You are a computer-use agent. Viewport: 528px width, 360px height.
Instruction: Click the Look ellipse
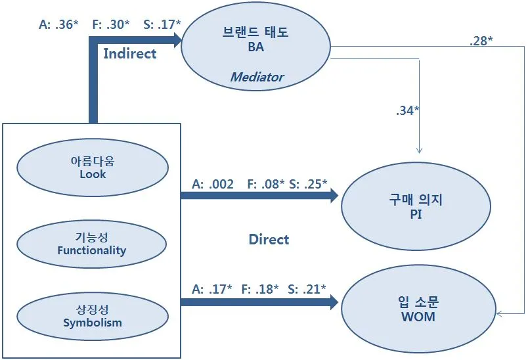coord(92,168)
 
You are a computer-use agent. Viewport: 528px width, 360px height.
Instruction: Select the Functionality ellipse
coord(92,244)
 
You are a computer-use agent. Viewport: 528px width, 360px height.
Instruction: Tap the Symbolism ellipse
coord(92,316)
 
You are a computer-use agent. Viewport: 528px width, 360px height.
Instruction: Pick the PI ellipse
coord(415,206)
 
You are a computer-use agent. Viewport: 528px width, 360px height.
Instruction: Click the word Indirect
coord(130,54)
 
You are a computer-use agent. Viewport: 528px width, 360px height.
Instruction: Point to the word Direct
coord(269,239)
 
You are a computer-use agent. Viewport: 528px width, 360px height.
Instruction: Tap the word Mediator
coord(257,77)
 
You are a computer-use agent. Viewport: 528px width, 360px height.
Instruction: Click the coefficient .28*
coord(481,41)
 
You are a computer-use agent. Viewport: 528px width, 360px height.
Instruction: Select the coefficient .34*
coord(408,110)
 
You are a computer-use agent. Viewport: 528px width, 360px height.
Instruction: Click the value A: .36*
coord(58,24)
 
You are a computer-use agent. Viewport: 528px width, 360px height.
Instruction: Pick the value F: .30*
coord(110,24)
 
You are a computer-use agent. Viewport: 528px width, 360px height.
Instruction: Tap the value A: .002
coord(212,185)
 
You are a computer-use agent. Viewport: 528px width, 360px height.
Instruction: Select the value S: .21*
coord(307,289)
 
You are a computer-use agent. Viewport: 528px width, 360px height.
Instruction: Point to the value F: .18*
coord(259,289)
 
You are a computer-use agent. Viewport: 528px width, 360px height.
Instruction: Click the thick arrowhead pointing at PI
coord(334,196)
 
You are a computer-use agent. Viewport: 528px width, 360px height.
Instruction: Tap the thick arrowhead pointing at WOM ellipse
coord(334,302)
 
